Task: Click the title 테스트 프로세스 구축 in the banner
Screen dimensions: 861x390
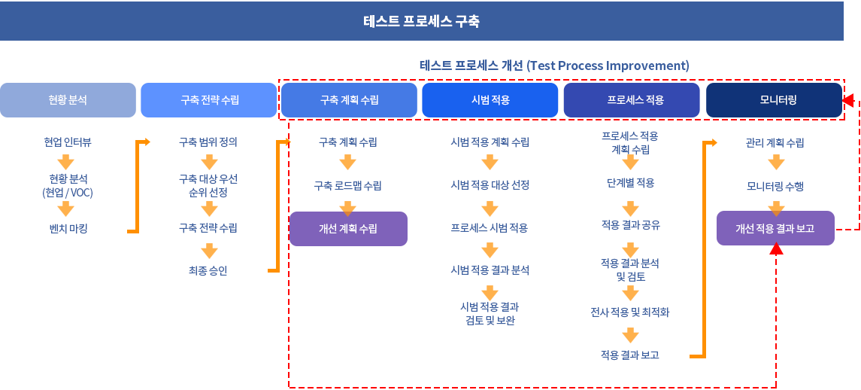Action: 421,21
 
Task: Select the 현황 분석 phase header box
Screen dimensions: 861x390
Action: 68,100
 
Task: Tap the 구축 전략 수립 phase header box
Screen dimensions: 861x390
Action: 208,100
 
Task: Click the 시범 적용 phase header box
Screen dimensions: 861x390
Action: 490,100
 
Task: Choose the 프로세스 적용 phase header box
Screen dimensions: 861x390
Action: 632,100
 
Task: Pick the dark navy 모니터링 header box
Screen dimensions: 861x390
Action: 774,100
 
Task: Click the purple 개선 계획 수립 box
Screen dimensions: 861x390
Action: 348,229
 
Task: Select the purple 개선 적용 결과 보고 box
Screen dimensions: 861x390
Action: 775,228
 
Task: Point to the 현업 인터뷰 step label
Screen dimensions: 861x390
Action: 68,143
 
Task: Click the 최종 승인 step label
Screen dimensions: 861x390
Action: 208,271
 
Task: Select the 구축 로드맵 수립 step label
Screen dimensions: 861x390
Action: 348,186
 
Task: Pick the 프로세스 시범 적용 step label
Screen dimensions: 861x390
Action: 490,228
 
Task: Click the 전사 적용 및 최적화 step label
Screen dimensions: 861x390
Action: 630,313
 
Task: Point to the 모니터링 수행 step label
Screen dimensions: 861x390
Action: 775,187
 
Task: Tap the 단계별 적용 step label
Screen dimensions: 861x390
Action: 630,183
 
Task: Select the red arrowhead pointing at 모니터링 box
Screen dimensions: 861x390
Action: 848,100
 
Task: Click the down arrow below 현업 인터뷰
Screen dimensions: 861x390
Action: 66,163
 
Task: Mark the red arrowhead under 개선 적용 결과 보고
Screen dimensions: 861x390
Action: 776,251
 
